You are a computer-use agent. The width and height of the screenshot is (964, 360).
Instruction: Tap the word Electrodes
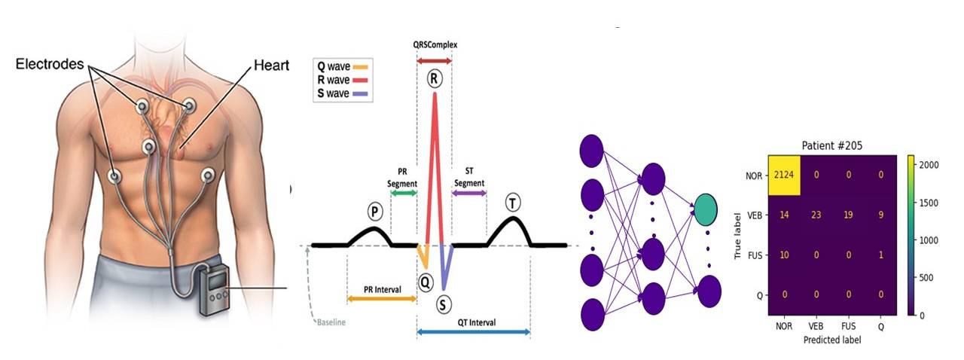click(x=50, y=65)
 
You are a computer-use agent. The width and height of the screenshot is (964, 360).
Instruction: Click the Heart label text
click(x=271, y=66)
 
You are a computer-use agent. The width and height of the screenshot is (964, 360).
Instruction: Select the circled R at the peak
click(x=434, y=78)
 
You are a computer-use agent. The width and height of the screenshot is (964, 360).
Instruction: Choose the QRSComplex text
click(x=435, y=44)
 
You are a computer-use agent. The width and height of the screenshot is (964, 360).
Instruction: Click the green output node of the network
click(x=706, y=210)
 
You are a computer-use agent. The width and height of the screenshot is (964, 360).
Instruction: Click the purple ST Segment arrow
click(x=468, y=194)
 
